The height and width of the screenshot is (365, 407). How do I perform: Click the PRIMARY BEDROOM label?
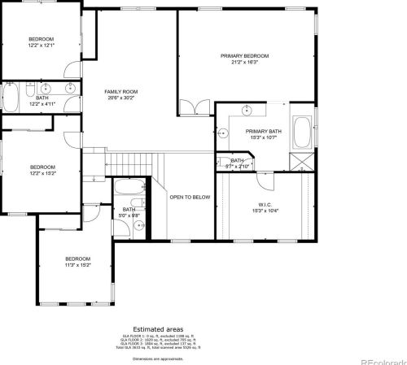pyautogui.click(x=244, y=56)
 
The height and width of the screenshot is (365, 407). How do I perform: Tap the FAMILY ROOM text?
pyautogui.click(x=120, y=92)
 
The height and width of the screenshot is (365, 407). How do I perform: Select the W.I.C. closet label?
pyautogui.click(x=267, y=204)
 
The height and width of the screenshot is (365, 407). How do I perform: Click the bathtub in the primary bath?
pyautogui.click(x=301, y=133)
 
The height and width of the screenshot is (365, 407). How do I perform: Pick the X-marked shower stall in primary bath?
pyautogui.click(x=303, y=159)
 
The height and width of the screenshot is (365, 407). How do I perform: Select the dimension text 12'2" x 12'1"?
pyautogui.click(x=41, y=46)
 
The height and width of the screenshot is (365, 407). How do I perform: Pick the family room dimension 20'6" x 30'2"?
pyautogui.click(x=120, y=98)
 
